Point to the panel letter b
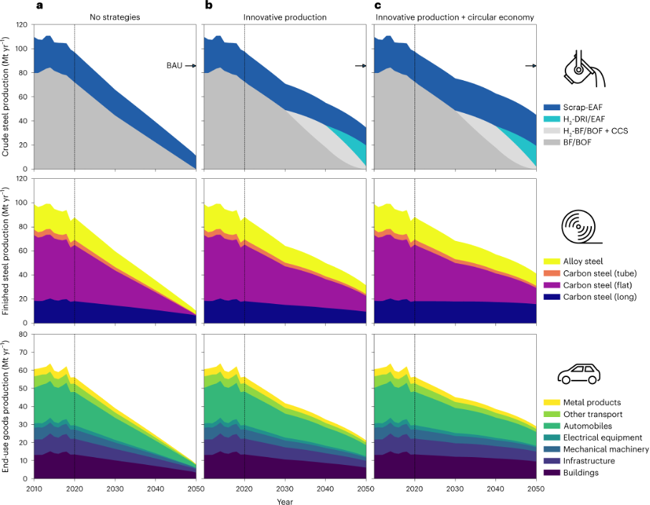tap(209, 6)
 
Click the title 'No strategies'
tap(114, 16)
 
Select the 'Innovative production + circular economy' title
tap(455, 16)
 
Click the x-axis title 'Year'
tap(285, 501)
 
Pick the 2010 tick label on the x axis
tap(34, 488)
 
